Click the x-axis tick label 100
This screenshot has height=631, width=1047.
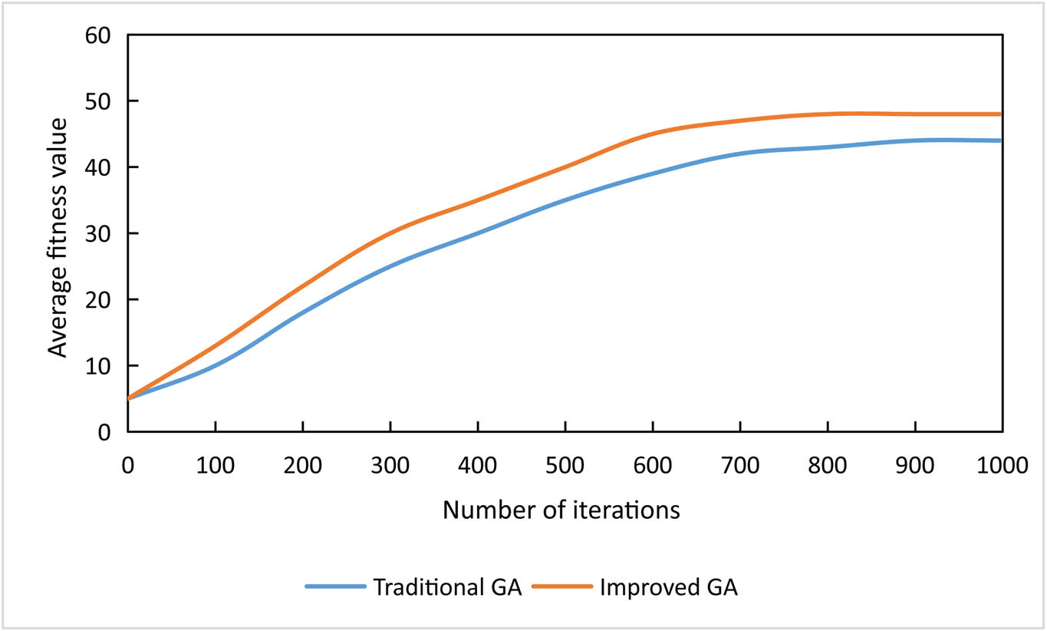[x=216, y=465]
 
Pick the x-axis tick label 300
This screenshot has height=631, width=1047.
[x=390, y=465]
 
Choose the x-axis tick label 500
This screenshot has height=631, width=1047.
[x=565, y=465]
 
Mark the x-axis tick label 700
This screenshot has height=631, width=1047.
[x=740, y=465]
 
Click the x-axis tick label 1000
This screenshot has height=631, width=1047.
[x=1002, y=465]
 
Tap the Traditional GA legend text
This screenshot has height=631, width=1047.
[x=447, y=588]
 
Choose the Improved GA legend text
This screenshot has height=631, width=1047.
[x=668, y=588]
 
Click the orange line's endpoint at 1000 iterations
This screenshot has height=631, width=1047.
[x=1002, y=114]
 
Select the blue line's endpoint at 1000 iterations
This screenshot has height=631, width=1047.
[x=1002, y=140]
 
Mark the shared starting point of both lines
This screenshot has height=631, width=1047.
[x=129, y=398]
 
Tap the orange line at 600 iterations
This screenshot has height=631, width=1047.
[x=653, y=134]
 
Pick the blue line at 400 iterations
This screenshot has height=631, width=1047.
[x=478, y=233]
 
